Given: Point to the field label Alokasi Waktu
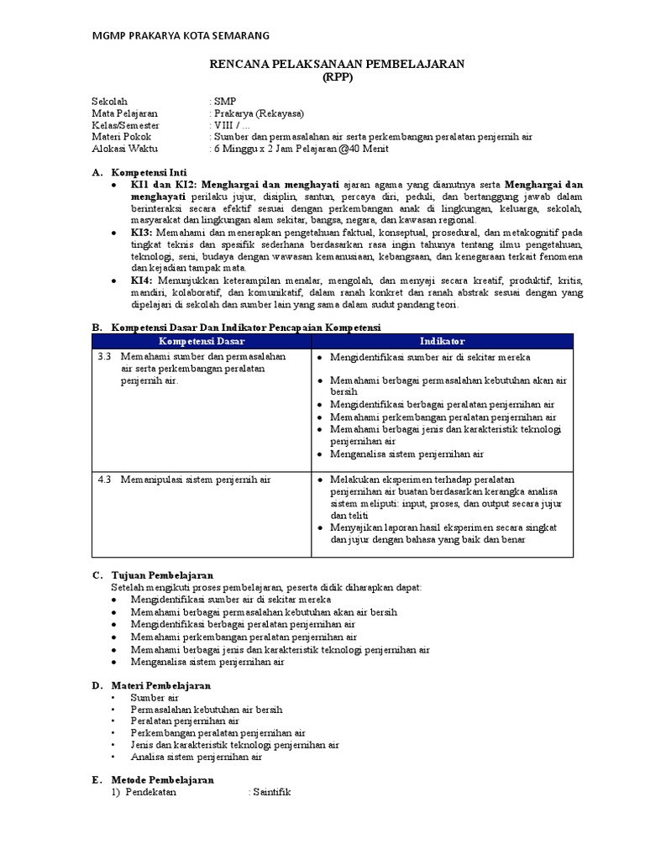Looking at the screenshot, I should [124, 149].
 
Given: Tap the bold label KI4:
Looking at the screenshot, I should [142, 279].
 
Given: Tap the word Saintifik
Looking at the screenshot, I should [270, 792].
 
